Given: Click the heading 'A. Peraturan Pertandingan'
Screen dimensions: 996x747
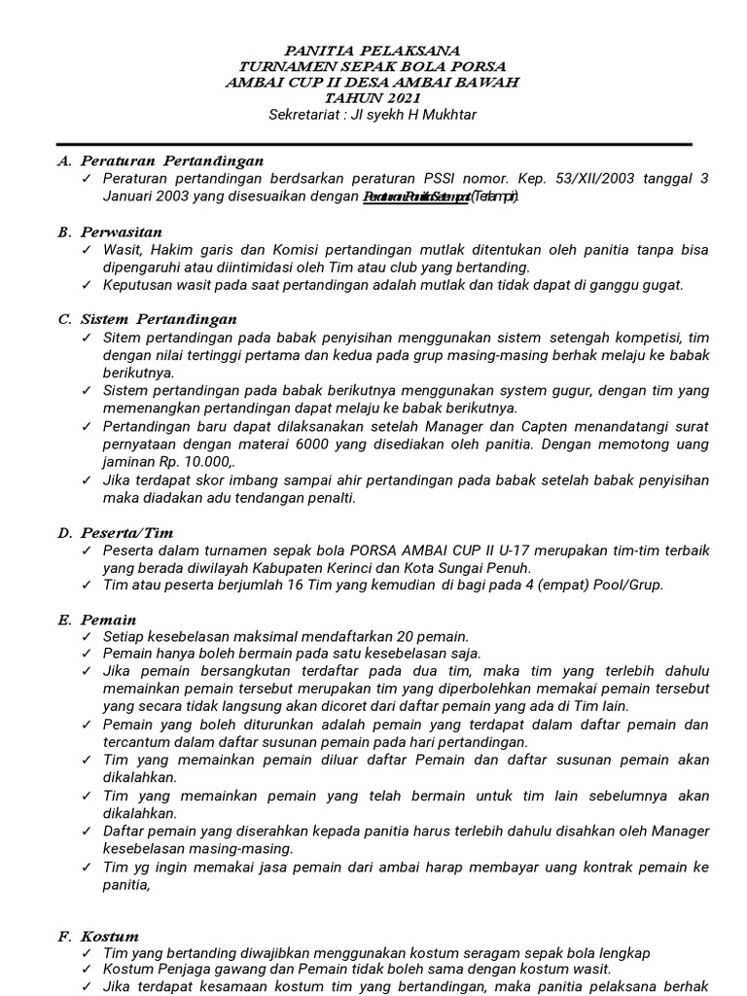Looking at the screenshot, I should coord(160,160).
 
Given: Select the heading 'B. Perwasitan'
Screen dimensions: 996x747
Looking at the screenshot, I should coord(110,231).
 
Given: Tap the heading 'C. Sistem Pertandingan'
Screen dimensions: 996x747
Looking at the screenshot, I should coord(146,319).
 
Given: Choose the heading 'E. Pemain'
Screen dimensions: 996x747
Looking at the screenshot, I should coord(96,620).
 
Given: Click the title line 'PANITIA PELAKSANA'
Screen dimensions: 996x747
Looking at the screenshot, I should coord(373,51).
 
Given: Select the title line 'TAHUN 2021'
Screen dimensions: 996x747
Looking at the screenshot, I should coord(373,98).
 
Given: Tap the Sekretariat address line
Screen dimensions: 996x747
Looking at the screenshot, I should coord(373,115).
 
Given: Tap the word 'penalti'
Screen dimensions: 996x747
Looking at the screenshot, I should coord(331,498).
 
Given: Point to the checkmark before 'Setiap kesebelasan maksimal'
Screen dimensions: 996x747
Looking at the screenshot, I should coord(88,636).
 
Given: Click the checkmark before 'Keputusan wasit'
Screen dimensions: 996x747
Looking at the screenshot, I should coord(88,285).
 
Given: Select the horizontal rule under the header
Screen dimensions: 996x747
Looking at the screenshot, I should coord(373,143).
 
